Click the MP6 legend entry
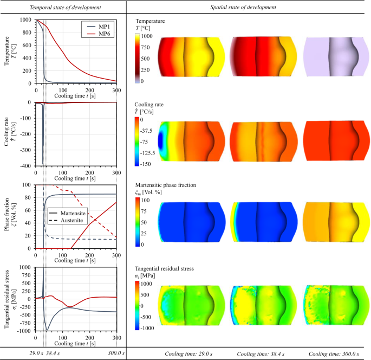coord(100,34)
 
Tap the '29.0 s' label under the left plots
coord(22,353)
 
